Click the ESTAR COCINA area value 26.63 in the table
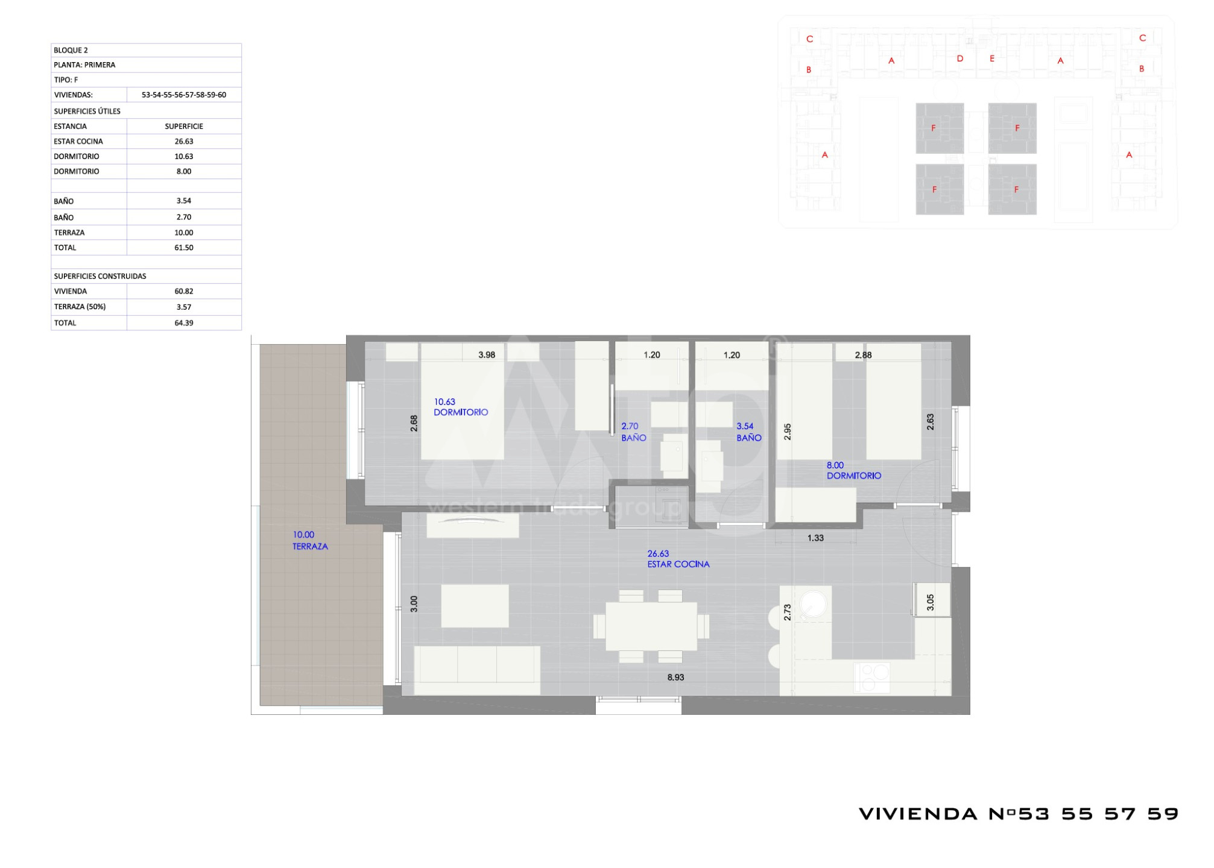(184, 141)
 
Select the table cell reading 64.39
(184, 323)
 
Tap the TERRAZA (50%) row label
(80, 307)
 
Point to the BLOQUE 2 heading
(71, 50)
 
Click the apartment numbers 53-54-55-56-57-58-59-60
(184, 95)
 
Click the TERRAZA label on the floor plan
(310, 547)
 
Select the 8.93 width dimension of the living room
(675, 678)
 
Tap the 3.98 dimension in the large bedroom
(487, 355)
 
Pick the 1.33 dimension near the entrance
(815, 538)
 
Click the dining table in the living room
(651, 626)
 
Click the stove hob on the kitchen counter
(872, 678)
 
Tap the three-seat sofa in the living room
(477, 670)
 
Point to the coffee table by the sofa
(475, 606)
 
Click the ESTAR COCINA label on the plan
(678, 564)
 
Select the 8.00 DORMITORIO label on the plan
(853, 471)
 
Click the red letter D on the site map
(960, 58)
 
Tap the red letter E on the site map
(992, 58)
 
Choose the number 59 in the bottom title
(1163, 814)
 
